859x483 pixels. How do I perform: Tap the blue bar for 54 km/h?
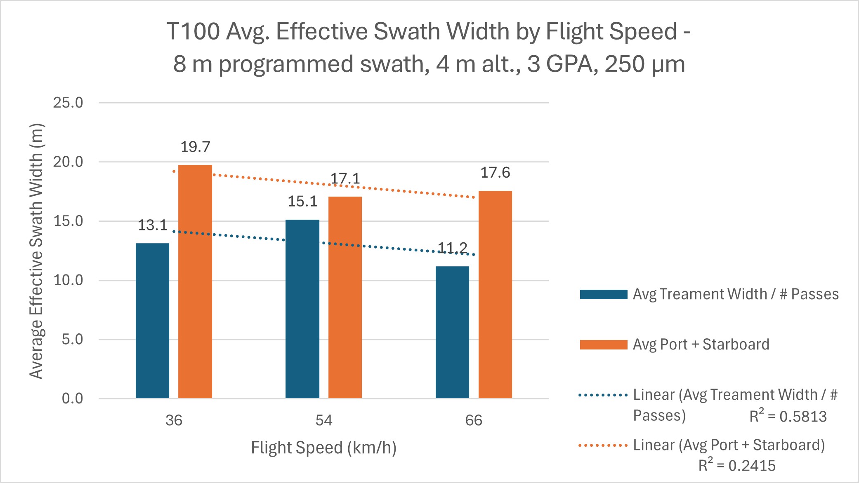[302, 309]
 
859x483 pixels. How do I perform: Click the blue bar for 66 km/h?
[452, 332]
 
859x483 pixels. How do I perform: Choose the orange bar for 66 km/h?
[495, 295]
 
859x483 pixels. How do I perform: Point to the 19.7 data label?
[195, 147]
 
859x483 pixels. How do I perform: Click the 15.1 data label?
[302, 202]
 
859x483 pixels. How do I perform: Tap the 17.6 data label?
[495, 173]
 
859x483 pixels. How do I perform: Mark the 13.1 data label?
[152, 225]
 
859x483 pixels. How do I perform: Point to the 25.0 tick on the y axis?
[68, 103]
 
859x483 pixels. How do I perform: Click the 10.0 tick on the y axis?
[68, 280]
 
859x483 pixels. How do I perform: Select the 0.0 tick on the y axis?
[72, 399]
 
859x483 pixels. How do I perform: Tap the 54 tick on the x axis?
[324, 420]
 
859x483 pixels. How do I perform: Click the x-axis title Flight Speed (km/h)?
[324, 448]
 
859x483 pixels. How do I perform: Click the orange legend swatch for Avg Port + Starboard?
[603, 345]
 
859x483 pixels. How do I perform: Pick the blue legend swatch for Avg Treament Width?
[603, 294]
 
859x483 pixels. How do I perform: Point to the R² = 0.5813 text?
[788, 417]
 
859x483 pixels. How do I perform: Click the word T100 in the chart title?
[193, 31]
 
